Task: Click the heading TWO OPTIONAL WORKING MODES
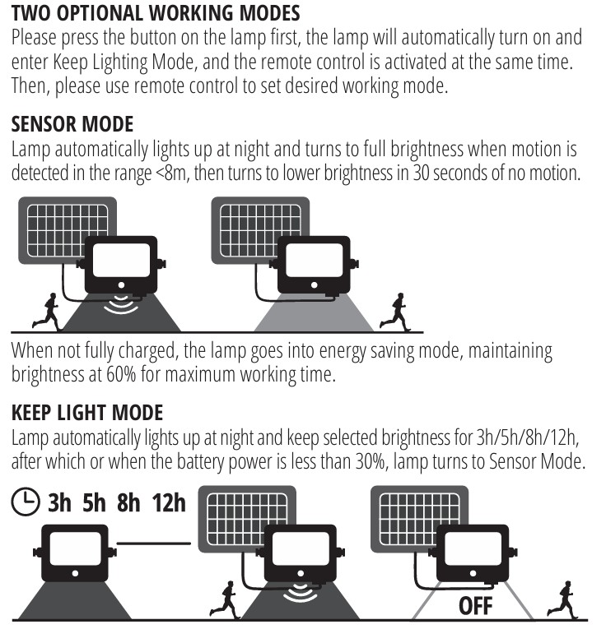point(156,13)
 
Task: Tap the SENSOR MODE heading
point(72,124)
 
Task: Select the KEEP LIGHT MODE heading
point(87,413)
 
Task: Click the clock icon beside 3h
point(26,502)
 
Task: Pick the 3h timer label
point(59,502)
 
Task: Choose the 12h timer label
point(169,502)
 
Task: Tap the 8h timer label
point(128,502)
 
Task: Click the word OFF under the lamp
point(475,606)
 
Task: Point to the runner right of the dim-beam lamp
point(395,312)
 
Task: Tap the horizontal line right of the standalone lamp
point(154,543)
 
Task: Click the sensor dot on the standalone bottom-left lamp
point(75,574)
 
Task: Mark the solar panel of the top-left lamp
point(67,230)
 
